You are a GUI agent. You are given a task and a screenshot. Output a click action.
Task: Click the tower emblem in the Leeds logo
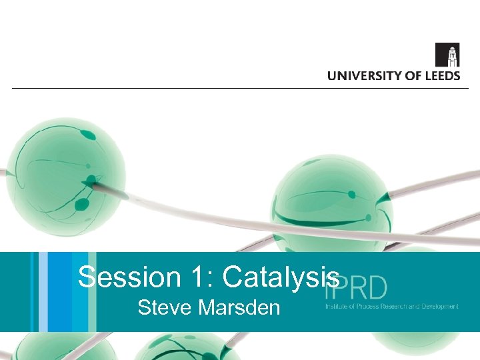pos(447,55)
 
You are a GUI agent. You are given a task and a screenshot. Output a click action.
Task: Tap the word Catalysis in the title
pos(280,277)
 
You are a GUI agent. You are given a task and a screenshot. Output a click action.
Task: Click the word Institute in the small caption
pos(336,307)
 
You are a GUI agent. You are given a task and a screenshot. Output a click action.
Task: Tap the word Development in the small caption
pos(441,307)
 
